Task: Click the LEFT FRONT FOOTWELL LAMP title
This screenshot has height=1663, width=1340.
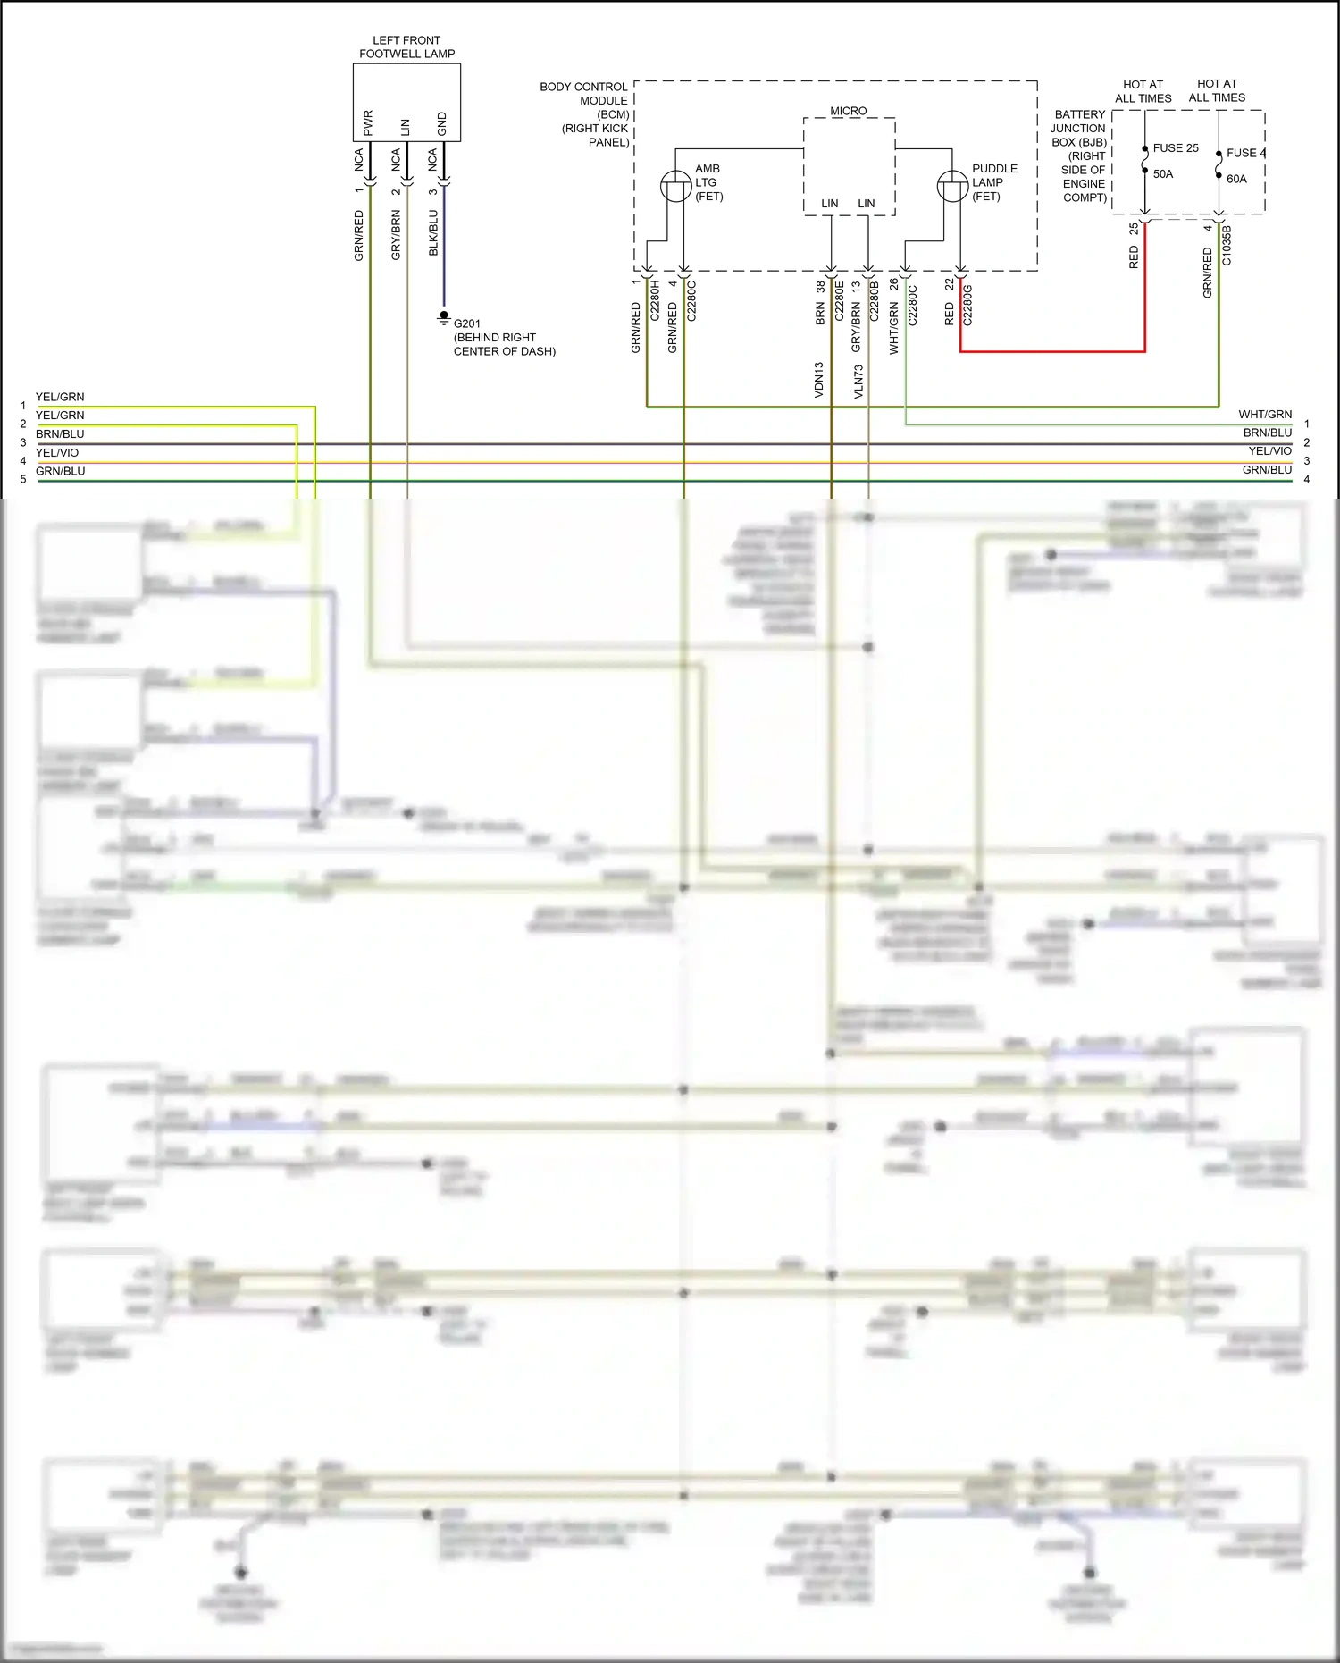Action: (x=406, y=46)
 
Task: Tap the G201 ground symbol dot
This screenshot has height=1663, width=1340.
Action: (x=444, y=315)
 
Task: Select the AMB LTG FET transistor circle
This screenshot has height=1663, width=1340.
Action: (x=675, y=186)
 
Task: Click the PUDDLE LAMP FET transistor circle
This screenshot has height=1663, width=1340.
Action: (x=952, y=186)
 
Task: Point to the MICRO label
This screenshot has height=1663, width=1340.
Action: (x=848, y=111)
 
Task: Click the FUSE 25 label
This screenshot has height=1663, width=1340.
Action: (x=1176, y=148)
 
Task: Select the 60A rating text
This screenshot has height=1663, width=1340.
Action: (x=1236, y=179)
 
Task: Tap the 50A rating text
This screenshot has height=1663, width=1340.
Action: (x=1163, y=174)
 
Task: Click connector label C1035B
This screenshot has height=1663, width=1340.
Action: (x=1227, y=246)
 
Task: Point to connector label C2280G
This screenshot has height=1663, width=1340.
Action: (x=967, y=305)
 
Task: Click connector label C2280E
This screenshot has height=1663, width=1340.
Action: (x=839, y=301)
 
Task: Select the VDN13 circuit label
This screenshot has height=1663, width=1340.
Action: (x=818, y=380)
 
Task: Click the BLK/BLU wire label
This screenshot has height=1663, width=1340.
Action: (x=433, y=233)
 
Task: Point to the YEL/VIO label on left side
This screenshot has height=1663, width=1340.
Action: (x=57, y=453)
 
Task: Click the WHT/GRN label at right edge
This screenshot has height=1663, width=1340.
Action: (x=1265, y=415)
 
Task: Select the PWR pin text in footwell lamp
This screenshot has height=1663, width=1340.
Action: (x=368, y=123)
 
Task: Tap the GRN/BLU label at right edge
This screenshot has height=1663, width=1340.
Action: (x=1267, y=470)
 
